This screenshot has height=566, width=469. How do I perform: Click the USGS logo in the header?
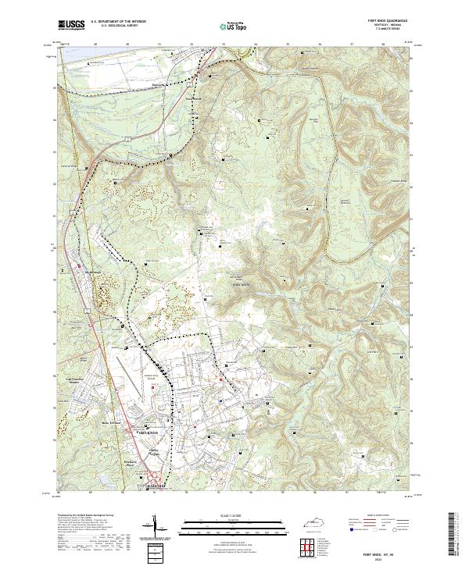click(x=71, y=26)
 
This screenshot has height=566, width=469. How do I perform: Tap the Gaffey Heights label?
click(x=159, y=450)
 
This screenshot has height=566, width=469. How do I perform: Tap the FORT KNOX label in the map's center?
click(x=239, y=286)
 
